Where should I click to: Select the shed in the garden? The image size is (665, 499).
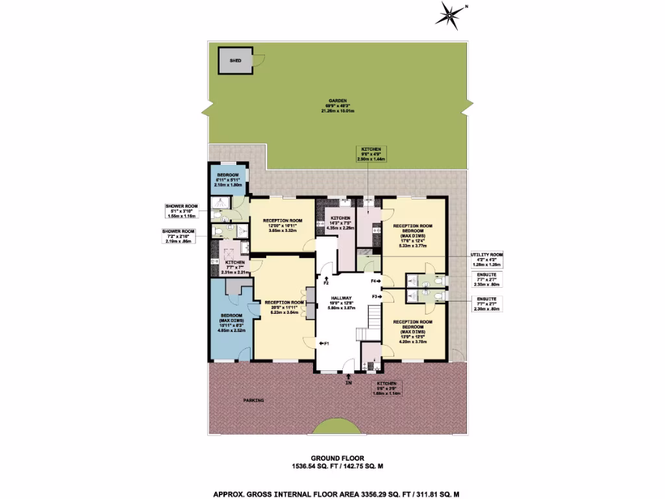click(x=236, y=60)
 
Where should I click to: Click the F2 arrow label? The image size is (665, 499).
click(x=326, y=281)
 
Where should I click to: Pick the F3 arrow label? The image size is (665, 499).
click(x=376, y=296)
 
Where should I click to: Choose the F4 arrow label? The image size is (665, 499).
click(x=376, y=281)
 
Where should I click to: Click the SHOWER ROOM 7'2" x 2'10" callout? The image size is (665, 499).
click(x=179, y=235)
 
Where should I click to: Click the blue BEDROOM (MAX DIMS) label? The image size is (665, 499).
click(x=231, y=322)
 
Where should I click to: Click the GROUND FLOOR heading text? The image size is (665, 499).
click(x=332, y=458)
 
